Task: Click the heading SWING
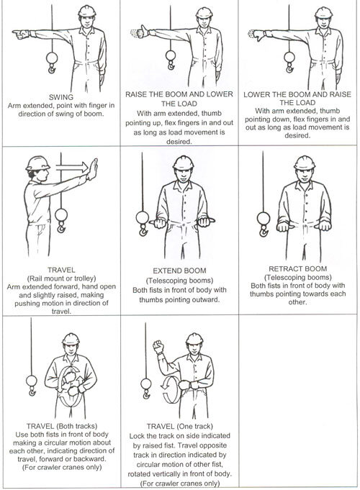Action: tap(61, 97)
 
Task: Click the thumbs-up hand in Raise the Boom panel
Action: tap(143, 31)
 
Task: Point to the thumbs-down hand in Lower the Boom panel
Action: tap(258, 35)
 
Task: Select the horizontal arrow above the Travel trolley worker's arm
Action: tap(72, 167)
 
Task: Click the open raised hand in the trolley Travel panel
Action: tap(93, 169)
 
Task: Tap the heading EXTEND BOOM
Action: tap(179, 271)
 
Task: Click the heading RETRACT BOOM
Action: tap(298, 269)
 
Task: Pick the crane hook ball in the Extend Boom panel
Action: tap(143, 217)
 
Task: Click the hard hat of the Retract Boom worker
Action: tap(305, 163)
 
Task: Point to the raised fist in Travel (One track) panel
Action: tap(158, 347)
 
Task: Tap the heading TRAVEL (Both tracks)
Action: tap(62, 426)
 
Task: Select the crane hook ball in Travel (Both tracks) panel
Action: tap(31, 381)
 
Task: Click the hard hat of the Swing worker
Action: tap(87, 12)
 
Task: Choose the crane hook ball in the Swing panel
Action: tap(52, 58)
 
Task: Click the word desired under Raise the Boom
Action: tap(179, 142)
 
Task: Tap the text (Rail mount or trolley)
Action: tap(62, 278)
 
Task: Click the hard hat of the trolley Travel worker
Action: tap(37, 163)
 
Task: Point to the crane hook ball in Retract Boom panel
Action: tap(263, 218)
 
